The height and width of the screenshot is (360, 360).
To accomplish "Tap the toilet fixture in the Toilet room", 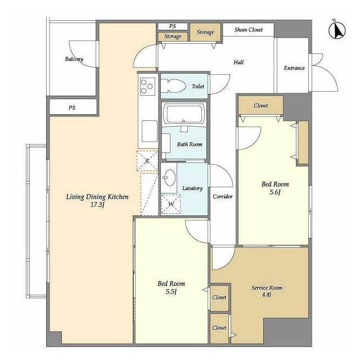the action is (173, 86).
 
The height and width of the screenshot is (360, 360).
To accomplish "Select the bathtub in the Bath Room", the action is (184, 114).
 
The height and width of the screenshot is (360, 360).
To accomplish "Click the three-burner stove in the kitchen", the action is (147, 87).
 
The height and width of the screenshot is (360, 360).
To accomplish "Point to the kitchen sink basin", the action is (150, 131).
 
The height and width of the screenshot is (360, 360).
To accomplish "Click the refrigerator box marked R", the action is (147, 161).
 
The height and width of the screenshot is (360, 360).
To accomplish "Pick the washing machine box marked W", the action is (171, 204).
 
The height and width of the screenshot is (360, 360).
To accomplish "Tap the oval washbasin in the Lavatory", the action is (170, 178).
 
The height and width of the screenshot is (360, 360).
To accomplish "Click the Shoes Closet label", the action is (249, 30).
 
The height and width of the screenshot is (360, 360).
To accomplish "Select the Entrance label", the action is (294, 68).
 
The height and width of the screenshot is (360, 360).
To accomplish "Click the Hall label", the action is (238, 62).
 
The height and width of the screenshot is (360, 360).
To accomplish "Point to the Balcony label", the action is (74, 59).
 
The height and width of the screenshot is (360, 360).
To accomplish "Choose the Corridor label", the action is (223, 196).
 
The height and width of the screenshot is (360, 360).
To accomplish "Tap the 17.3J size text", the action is (97, 205).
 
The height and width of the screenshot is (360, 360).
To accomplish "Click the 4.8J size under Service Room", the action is (267, 295).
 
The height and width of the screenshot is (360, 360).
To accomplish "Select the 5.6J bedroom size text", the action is (275, 192).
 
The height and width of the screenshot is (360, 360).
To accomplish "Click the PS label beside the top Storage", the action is (173, 26).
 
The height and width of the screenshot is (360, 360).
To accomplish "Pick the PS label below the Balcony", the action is (72, 107).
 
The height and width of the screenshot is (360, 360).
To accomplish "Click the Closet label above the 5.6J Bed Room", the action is (261, 106).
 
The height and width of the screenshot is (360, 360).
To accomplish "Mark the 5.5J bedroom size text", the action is (171, 291).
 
